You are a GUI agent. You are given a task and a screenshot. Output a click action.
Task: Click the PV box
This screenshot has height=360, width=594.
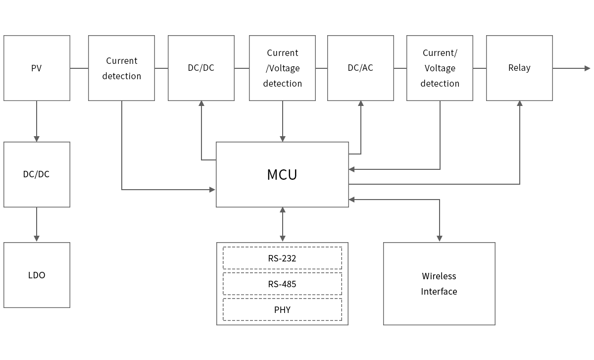[37, 68]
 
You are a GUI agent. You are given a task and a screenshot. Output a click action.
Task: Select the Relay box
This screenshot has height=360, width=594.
[519, 68]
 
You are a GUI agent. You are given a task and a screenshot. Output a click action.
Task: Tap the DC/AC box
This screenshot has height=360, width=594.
[360, 68]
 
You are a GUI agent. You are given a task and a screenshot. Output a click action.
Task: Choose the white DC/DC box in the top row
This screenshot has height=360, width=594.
[201, 68]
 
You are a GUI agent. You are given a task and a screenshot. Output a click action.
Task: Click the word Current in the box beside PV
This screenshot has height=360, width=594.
[121, 60]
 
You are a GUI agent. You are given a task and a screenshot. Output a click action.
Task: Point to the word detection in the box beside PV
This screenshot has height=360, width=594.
[121, 76]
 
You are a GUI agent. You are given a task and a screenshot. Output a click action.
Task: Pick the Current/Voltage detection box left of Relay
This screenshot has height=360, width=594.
[440, 68]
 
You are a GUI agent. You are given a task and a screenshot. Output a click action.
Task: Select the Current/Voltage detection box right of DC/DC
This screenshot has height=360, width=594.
[282, 68]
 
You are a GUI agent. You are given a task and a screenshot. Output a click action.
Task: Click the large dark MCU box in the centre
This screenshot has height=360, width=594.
[282, 174]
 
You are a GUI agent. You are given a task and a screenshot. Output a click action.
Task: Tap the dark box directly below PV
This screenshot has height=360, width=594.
[37, 174]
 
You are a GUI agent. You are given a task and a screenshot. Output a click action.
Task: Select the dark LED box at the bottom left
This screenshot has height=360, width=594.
[37, 275]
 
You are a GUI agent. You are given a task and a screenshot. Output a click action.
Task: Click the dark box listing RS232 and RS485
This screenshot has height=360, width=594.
[282, 283]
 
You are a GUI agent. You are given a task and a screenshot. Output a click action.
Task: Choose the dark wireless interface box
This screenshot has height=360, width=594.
[439, 283]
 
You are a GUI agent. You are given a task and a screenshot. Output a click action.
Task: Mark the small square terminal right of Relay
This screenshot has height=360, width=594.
[587, 68]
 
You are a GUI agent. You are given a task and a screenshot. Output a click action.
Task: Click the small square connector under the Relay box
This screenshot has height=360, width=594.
[519, 103]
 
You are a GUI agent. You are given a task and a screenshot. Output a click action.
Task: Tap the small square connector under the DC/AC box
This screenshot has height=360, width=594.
[360, 103]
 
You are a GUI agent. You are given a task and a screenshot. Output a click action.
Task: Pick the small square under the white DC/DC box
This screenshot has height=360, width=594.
[201, 103]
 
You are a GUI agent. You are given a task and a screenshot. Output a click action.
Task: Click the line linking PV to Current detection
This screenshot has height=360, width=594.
[79, 68]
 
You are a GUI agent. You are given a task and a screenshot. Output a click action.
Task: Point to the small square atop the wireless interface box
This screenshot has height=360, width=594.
[439, 239]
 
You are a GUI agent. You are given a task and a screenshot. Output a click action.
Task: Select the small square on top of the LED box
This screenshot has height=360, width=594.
[37, 238]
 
